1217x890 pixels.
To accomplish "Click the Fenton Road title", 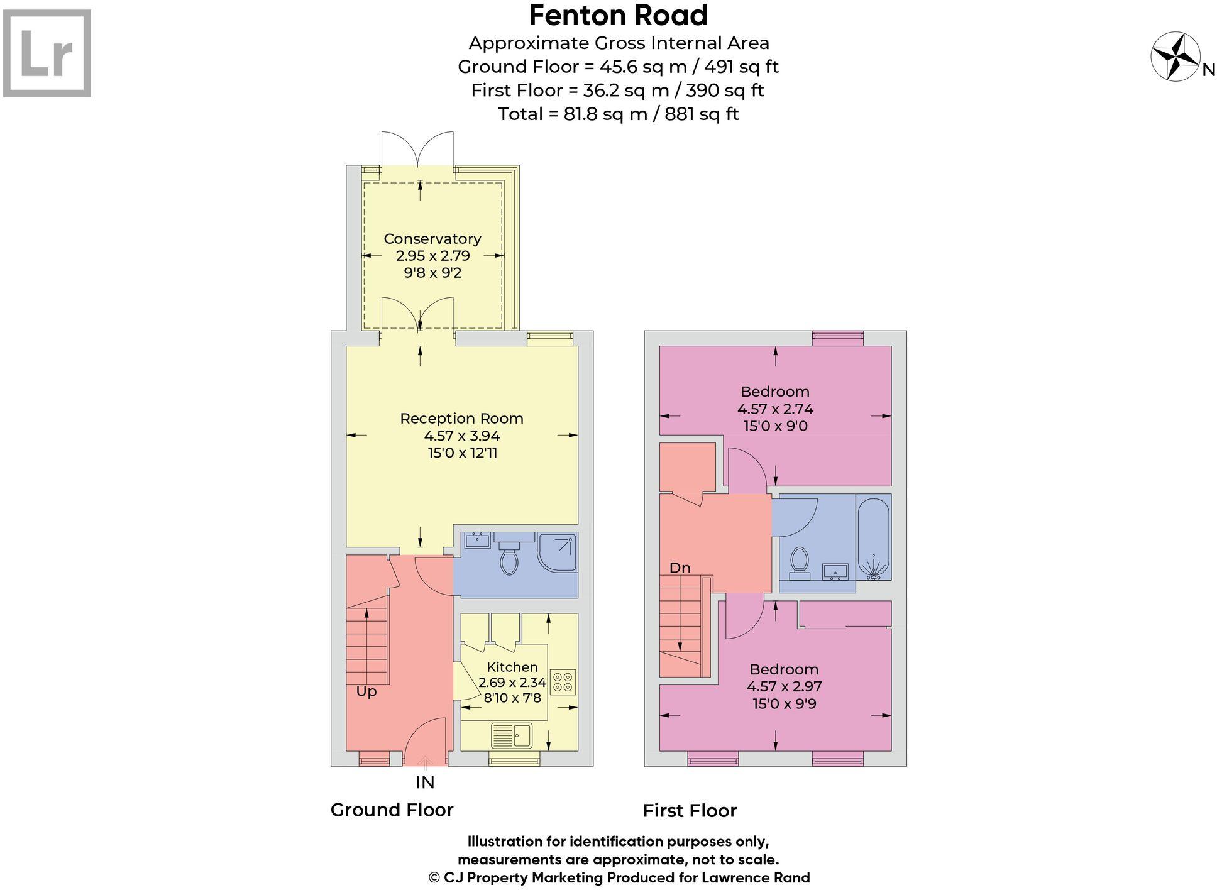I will pos(618,16).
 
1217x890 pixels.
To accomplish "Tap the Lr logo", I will pos(47,53).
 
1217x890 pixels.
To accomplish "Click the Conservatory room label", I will pos(432,239).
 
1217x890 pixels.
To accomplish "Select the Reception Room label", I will pos(461,419).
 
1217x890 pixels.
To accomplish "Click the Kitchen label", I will pos(512,667).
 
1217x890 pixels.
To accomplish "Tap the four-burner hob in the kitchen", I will pos(563,683).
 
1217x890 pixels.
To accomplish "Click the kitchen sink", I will pos(512,735).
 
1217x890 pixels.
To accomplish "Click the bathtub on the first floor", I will pos(874,537).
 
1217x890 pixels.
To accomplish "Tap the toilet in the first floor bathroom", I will pos(799,561).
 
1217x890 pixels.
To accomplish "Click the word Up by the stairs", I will pos(366,691).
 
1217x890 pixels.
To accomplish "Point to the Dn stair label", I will pos(680,568).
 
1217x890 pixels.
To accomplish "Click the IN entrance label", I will pos(425,783).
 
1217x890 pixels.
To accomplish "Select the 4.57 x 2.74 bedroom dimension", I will pos(775,409).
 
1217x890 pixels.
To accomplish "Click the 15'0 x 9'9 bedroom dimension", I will pos(784,704).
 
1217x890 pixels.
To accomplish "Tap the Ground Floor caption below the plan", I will pos(392,810).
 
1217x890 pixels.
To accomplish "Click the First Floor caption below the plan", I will pos(689,811).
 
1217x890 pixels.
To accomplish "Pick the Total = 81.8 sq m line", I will pos(618,114).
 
